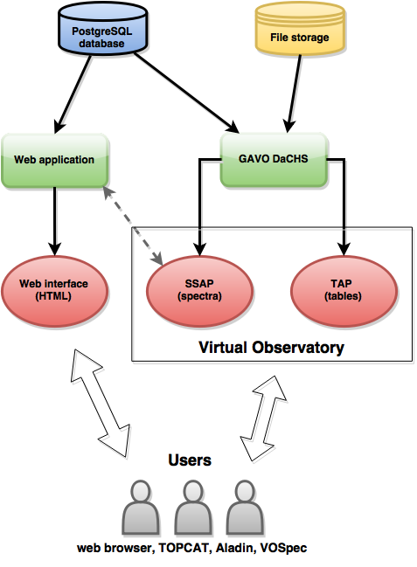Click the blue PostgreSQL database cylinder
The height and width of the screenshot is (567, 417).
coord(102,29)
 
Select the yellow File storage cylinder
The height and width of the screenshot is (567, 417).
coord(300,29)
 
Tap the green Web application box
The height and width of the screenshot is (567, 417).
coord(55,160)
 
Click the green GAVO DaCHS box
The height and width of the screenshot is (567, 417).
coord(274,160)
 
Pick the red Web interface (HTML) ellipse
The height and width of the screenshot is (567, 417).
coord(54,291)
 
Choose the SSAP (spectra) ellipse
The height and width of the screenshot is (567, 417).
coord(200,291)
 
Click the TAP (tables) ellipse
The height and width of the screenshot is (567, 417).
coord(344,291)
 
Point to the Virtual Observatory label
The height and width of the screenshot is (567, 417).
coord(272,347)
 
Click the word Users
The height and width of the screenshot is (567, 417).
coord(190,460)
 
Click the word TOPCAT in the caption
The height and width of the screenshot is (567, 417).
coord(184,548)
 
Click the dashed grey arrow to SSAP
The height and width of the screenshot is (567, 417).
coord(133,225)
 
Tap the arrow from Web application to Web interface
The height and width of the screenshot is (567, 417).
coord(55,221)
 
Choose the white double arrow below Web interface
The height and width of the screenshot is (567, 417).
coord(101,404)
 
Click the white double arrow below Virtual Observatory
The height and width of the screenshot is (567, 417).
coord(264,418)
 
